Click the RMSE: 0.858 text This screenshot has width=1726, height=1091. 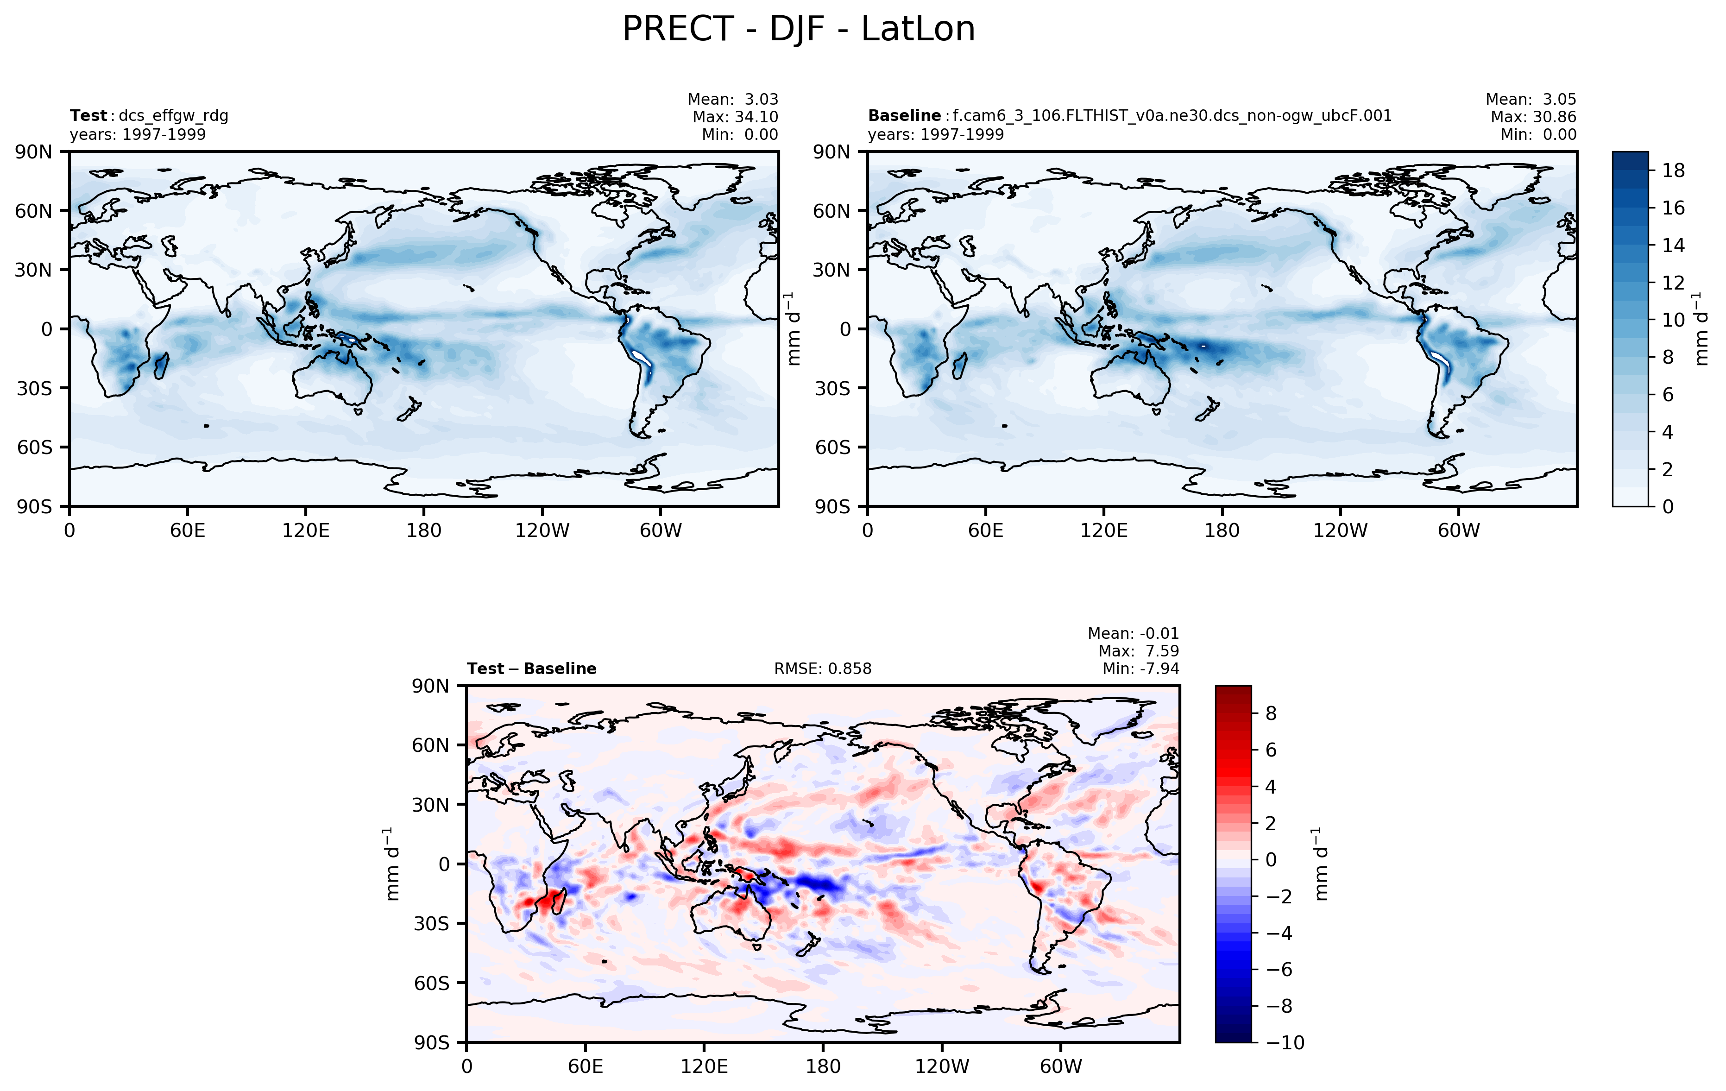tap(822, 669)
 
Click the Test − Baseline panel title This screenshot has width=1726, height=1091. tap(531, 669)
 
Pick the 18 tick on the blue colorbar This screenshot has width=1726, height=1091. tap(1673, 170)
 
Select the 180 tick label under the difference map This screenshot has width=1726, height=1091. tap(823, 1066)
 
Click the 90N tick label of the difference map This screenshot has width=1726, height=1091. tap(430, 686)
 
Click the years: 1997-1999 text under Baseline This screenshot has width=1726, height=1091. tap(935, 135)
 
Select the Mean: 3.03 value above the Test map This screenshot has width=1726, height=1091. tap(732, 100)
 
